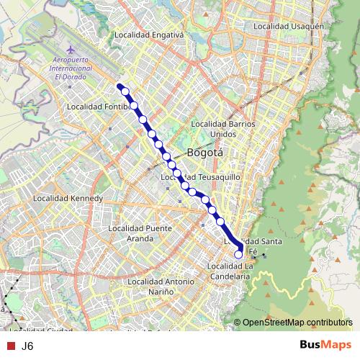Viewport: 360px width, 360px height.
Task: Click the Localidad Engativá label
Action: click(150, 33)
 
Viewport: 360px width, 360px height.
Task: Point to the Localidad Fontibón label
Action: click(97, 107)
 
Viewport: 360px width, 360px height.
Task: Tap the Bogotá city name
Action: click(205, 153)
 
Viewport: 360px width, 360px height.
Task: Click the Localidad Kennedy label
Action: click(69, 198)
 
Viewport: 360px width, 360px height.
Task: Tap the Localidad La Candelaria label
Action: click(228, 271)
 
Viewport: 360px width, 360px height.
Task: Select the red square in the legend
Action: click(9, 346)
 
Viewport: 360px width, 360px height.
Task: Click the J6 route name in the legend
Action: click(27, 346)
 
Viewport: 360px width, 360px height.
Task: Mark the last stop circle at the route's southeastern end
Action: click(239, 253)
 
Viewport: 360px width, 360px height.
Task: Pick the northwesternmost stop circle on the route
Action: click(125, 91)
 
